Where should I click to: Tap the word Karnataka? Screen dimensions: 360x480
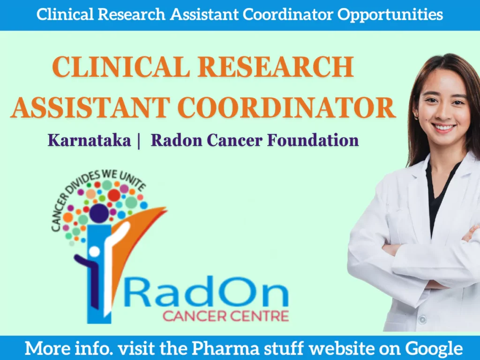click(89, 140)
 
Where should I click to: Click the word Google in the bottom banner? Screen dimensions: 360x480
click(434, 348)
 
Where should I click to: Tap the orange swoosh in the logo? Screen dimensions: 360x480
click(143, 230)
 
